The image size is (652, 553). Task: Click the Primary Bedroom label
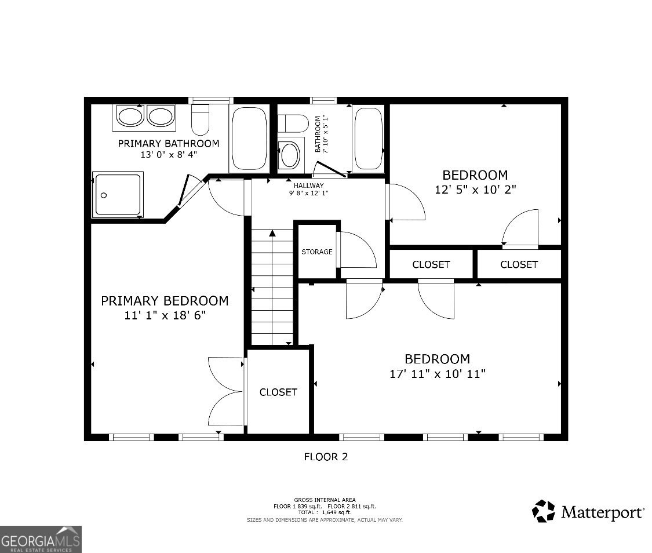click(x=165, y=301)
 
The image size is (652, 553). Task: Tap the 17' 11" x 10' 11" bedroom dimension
click(x=437, y=374)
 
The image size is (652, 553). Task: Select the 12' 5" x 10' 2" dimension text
click(x=475, y=189)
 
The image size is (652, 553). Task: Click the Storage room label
click(x=317, y=252)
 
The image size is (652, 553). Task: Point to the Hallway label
click(x=308, y=185)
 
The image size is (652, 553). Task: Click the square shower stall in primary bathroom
click(x=118, y=195)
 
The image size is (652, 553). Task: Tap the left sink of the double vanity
click(x=130, y=116)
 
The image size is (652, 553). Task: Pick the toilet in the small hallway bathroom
click(x=293, y=123)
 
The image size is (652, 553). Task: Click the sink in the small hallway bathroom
click(x=290, y=155)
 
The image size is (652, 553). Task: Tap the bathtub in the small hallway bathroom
click(x=367, y=139)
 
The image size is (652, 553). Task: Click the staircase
click(x=272, y=287)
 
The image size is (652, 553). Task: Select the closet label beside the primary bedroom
click(x=278, y=392)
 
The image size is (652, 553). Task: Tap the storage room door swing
click(x=356, y=250)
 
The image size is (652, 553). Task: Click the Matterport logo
click(x=588, y=512)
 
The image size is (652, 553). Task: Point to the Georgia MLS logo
click(x=41, y=539)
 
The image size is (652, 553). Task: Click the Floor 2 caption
click(x=326, y=457)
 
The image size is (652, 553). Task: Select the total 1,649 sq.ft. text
click(x=325, y=512)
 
